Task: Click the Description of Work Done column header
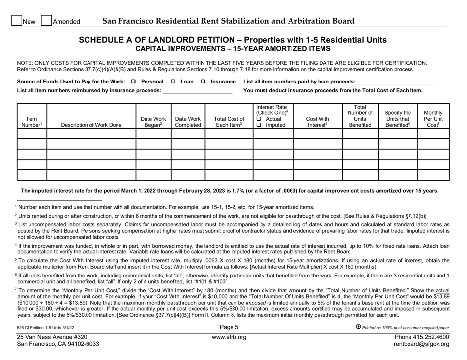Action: point(91,125)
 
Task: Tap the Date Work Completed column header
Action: point(187,122)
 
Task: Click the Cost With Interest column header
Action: point(318,122)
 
